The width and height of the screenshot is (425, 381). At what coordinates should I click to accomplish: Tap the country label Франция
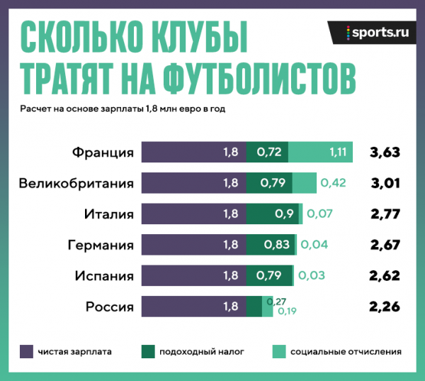pyautogui.click(x=103, y=152)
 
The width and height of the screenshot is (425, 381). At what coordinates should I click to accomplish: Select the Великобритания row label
pyautogui.click(x=76, y=183)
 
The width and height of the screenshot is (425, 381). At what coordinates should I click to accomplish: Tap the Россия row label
pyautogui.click(x=110, y=307)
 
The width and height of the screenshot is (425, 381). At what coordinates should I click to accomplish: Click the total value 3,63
pyautogui.click(x=385, y=152)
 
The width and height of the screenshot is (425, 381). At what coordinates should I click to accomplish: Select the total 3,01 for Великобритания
pyautogui.click(x=385, y=183)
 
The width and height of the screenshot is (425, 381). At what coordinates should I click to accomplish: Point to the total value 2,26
pyautogui.click(x=385, y=307)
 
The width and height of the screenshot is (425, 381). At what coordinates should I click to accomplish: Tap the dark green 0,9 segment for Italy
pyautogui.click(x=273, y=214)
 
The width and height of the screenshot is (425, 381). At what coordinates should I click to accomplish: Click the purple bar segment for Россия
pyautogui.click(x=193, y=307)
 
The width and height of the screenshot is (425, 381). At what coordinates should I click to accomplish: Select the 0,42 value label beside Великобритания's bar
pyautogui.click(x=333, y=183)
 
